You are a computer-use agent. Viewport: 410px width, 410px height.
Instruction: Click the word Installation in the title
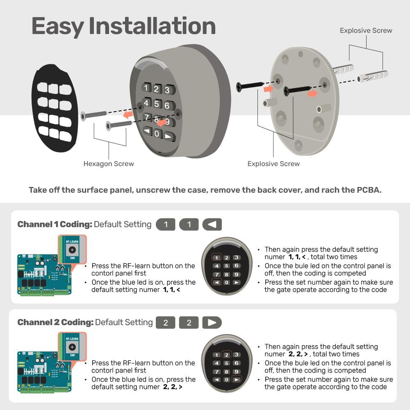152,26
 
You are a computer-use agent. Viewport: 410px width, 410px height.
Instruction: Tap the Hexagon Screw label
109,164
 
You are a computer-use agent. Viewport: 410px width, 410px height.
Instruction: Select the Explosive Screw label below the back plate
273,164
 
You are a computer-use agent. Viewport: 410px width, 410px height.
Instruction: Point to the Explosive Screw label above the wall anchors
366,30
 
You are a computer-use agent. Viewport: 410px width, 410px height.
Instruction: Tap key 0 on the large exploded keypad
157,134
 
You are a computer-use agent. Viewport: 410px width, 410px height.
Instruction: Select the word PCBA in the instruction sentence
368,190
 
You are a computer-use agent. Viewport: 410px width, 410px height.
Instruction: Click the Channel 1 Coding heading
55,225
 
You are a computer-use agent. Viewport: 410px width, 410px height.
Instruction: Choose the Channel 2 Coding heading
55,322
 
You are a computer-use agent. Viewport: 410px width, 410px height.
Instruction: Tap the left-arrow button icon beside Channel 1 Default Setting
212,225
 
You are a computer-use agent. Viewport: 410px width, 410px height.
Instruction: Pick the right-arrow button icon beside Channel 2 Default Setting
212,323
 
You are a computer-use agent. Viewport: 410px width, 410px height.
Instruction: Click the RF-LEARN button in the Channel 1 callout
72,250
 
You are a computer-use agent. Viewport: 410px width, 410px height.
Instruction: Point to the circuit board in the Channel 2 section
43,371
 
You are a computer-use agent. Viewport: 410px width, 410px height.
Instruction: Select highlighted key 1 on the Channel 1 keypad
216,258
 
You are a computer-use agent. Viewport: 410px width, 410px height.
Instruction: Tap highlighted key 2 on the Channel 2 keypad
226,355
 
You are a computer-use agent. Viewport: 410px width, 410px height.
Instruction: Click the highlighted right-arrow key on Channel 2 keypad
237,380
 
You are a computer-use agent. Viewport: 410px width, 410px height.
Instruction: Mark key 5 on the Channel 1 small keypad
226,266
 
